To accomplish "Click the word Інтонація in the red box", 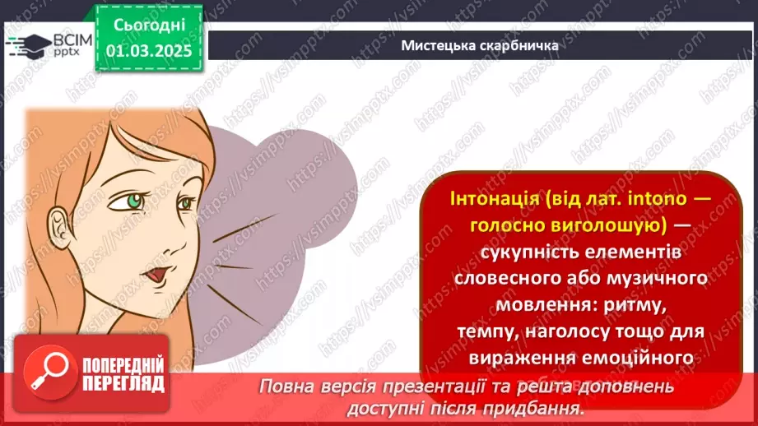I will click(x=483, y=201).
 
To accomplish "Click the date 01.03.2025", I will click(x=148, y=49).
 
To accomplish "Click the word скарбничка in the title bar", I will click(x=521, y=45).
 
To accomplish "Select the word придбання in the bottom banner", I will click(x=542, y=406).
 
